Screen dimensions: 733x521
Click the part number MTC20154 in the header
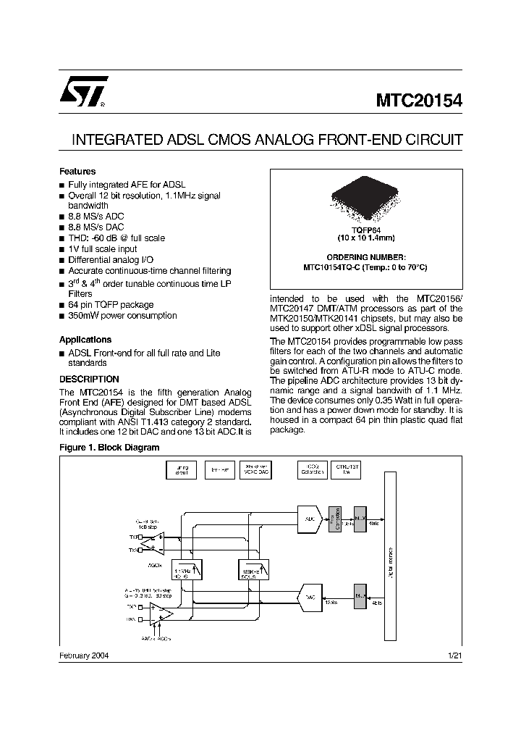(x=418, y=101)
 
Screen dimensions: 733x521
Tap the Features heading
(x=77, y=172)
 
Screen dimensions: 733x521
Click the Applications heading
(x=85, y=340)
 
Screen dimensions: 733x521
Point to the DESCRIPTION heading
(x=88, y=379)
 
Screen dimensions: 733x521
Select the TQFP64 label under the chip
(x=365, y=230)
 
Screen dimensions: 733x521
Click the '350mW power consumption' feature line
(x=122, y=316)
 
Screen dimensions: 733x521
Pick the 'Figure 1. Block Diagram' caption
(x=109, y=448)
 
